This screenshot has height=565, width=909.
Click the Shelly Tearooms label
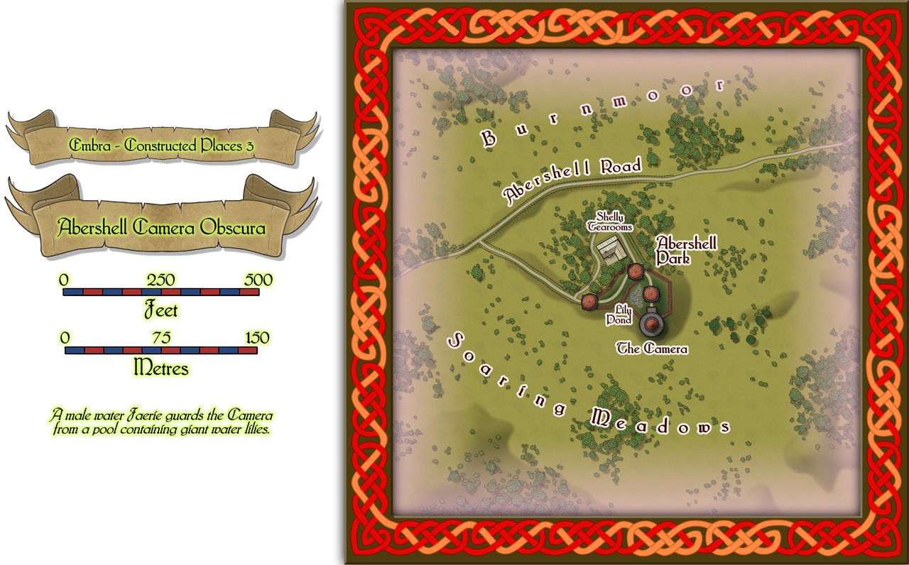[609, 221]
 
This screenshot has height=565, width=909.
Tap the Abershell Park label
[686, 250]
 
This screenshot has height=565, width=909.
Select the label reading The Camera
[652, 349]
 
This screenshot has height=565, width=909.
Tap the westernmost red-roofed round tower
[589, 302]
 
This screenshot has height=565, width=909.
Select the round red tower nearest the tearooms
[635, 271]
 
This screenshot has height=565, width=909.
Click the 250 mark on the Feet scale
[160, 280]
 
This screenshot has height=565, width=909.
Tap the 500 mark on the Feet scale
[258, 280]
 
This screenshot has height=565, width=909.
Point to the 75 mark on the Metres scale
[160, 338]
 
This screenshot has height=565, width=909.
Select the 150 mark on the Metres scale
[257, 338]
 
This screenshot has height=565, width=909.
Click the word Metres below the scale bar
[161, 368]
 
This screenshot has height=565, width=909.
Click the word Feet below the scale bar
[160, 310]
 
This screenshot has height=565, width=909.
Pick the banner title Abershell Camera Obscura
[162, 229]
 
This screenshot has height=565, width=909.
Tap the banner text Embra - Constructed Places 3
[161, 146]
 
